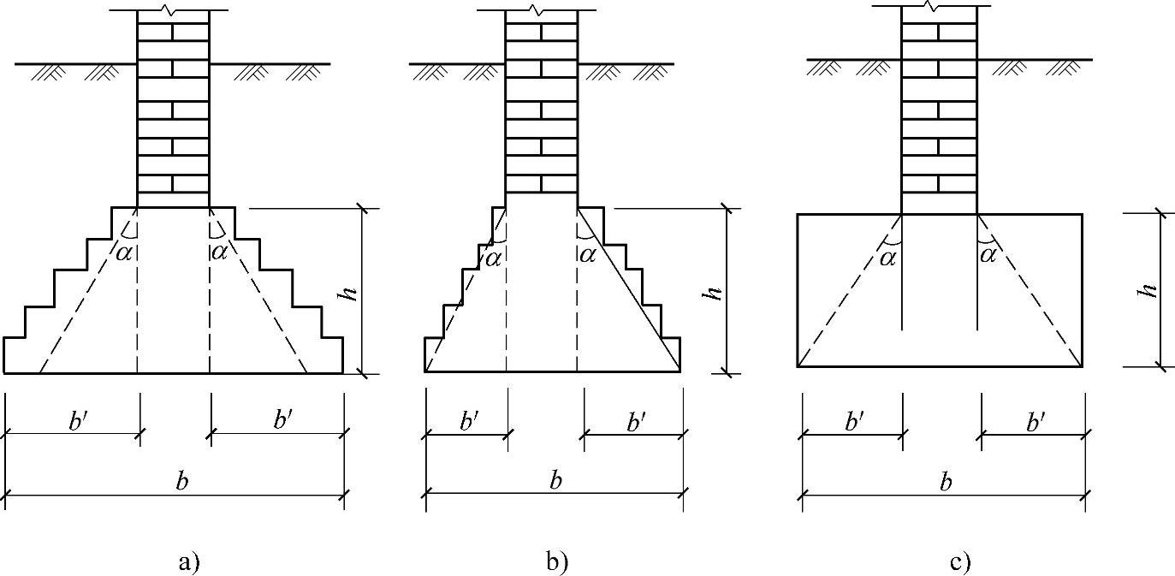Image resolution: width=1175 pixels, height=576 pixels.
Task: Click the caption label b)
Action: coord(556,562)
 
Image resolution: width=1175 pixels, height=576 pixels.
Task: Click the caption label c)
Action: coord(960,562)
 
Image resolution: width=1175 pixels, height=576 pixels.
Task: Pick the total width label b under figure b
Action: coord(555,480)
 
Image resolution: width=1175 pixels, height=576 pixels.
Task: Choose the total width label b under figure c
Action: coord(946,482)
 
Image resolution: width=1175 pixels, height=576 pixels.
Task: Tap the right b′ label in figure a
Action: coord(283,420)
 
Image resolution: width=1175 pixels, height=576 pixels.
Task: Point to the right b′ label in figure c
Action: coord(1036,421)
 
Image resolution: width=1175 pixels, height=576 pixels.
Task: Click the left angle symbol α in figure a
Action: coord(124,252)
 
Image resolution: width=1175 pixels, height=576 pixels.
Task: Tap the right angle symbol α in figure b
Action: coord(588,253)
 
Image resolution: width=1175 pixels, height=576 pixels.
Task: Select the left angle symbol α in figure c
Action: coord(887,255)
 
